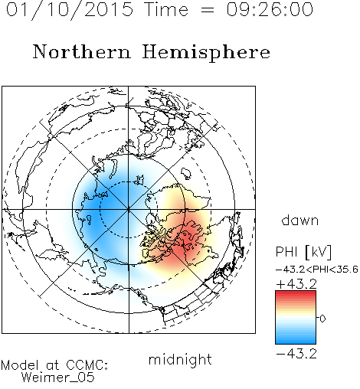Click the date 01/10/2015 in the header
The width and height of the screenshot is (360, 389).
coord(70,10)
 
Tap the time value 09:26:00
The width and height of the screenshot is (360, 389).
coord(270,9)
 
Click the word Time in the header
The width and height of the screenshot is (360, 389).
coord(166,9)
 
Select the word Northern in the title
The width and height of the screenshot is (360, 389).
coord(82,52)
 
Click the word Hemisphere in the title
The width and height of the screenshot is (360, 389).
coord(206,53)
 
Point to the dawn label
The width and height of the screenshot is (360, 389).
coord(300,220)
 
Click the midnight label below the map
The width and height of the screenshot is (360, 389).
coord(180,360)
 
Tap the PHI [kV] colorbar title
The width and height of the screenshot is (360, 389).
coord(303,252)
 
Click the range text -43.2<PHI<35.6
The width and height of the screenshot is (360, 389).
coord(317,270)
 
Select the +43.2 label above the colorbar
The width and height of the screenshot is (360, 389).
coord(296,284)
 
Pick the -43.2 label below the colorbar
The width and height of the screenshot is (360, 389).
coord(296,354)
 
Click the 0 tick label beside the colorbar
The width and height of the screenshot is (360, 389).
coord(322,319)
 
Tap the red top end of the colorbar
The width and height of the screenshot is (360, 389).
coord(296,293)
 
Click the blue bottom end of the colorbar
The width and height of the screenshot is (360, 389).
coord(296,342)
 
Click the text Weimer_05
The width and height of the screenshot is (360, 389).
coord(58,378)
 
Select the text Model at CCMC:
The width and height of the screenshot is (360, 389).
coord(54,365)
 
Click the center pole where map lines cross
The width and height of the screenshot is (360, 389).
coord(129,210)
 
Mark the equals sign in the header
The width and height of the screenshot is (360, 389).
coord(208,10)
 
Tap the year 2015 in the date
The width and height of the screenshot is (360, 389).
coord(109,9)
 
